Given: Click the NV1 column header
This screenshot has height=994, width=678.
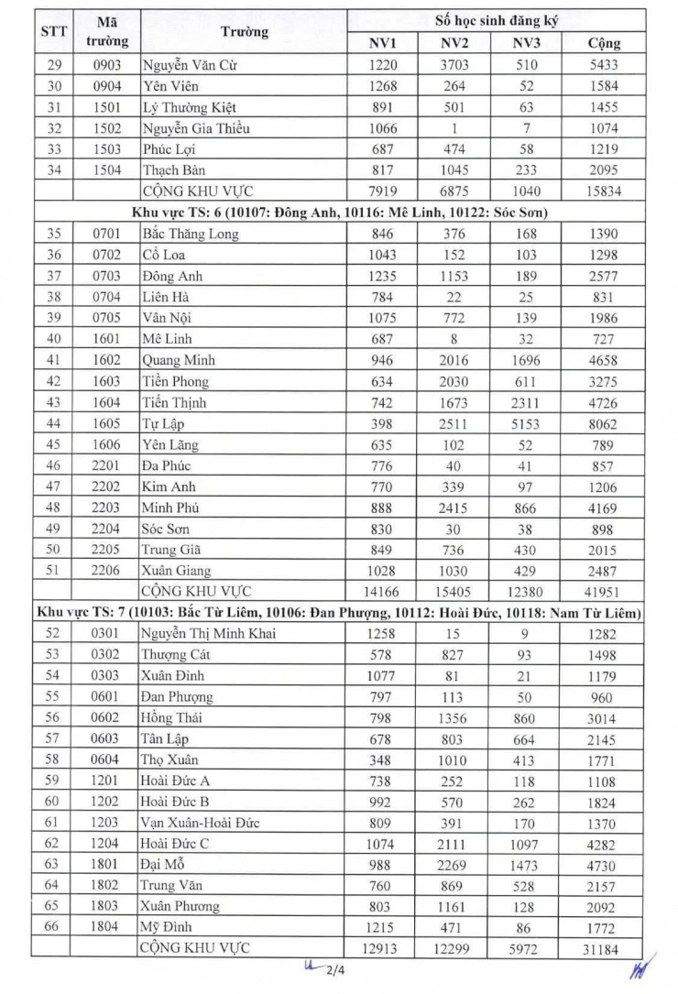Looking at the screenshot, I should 382,43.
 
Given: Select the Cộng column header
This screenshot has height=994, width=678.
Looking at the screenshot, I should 604,43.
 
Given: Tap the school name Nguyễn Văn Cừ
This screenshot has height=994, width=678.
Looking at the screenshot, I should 191,66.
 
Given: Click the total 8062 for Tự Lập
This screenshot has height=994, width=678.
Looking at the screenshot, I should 604,424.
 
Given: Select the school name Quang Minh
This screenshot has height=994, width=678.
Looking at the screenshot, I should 179,360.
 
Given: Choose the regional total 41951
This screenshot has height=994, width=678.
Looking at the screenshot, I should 604,591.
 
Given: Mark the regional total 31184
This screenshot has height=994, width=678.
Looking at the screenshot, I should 604,947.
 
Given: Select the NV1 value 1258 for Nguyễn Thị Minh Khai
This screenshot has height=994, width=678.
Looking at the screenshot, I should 382,634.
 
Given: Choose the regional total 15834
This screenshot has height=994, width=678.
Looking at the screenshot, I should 604,191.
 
